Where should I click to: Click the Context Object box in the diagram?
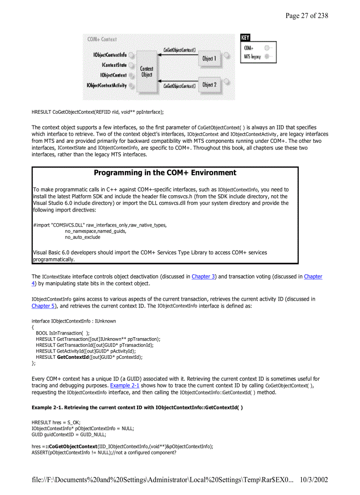click(147, 71)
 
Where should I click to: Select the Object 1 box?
click(209, 58)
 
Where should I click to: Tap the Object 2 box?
click(209, 85)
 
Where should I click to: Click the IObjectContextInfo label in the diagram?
click(109, 55)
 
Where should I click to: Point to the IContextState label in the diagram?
click(114, 65)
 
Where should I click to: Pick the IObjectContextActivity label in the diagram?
click(107, 85)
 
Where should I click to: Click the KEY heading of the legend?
click(245, 38)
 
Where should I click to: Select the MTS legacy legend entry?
click(252, 56)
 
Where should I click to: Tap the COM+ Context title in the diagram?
click(102, 39)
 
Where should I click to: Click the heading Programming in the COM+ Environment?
click(165, 173)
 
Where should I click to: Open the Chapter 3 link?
click(203, 277)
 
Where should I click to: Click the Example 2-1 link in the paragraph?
click(124, 386)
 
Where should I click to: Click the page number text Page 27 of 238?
click(307, 16)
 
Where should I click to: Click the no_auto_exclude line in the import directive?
click(82, 237)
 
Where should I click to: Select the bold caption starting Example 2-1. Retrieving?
click(137, 407)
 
